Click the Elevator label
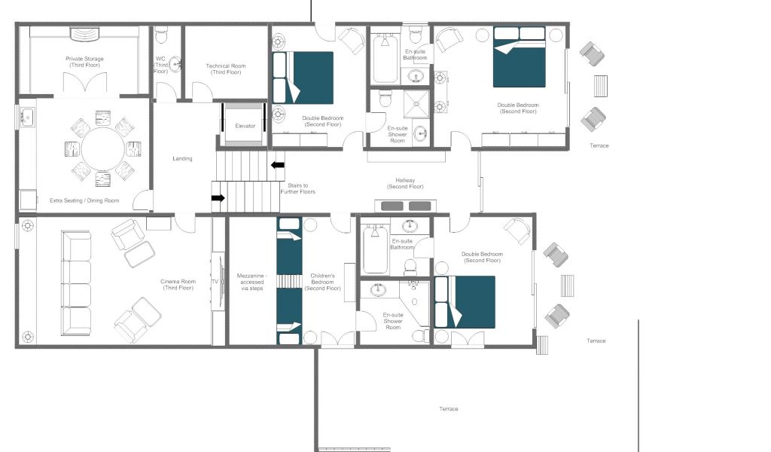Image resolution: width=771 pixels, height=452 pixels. coord(245,126)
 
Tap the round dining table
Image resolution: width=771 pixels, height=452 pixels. coord(102,148)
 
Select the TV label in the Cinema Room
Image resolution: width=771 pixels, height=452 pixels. coord(215,281)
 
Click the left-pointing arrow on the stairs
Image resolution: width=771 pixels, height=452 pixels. coord(278,165)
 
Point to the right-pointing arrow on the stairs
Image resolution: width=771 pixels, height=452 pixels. coord(218,197)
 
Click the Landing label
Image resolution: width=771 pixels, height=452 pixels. coord(182,158)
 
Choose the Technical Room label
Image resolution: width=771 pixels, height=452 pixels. coord(226,69)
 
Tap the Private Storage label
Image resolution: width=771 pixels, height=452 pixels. coord(84,62)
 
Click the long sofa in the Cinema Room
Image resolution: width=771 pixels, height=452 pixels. coord(76,283)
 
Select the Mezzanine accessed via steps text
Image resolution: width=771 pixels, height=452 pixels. coord(251,282)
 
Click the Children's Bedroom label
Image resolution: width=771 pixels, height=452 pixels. coord(322,282)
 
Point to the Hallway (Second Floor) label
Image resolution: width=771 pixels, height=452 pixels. coord(405,184)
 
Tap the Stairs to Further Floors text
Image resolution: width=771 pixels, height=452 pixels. coord(298,188)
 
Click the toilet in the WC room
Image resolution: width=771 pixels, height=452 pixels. coord(161,35)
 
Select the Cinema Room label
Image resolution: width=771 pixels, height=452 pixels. coord(178,284)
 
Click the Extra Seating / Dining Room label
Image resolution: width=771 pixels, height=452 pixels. coord(84,200)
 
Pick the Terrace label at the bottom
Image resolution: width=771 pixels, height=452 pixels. coord(449,409)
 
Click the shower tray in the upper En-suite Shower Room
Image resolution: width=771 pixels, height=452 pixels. coord(416,104)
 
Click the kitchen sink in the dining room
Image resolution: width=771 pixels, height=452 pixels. coord(27,118)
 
